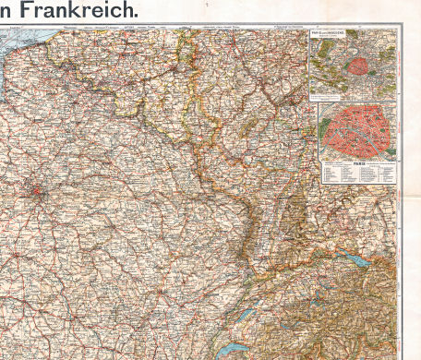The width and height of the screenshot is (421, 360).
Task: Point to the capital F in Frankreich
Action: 28,11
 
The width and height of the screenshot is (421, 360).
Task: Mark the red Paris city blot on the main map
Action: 36,194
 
